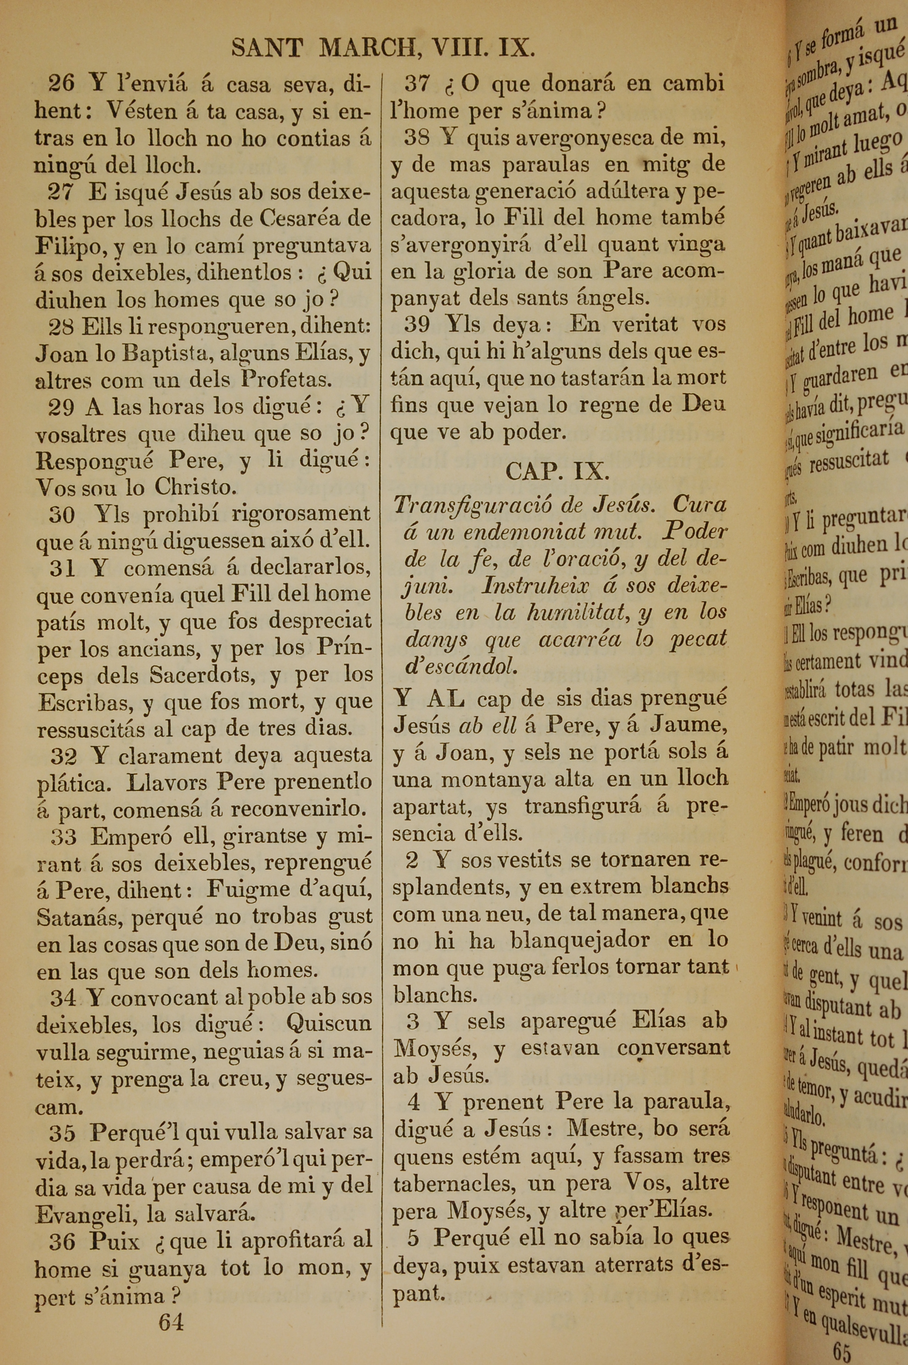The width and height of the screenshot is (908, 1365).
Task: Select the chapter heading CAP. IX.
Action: coord(557,471)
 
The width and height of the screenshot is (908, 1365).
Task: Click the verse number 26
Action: coord(61,84)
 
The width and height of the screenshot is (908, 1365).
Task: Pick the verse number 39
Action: coord(417,324)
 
